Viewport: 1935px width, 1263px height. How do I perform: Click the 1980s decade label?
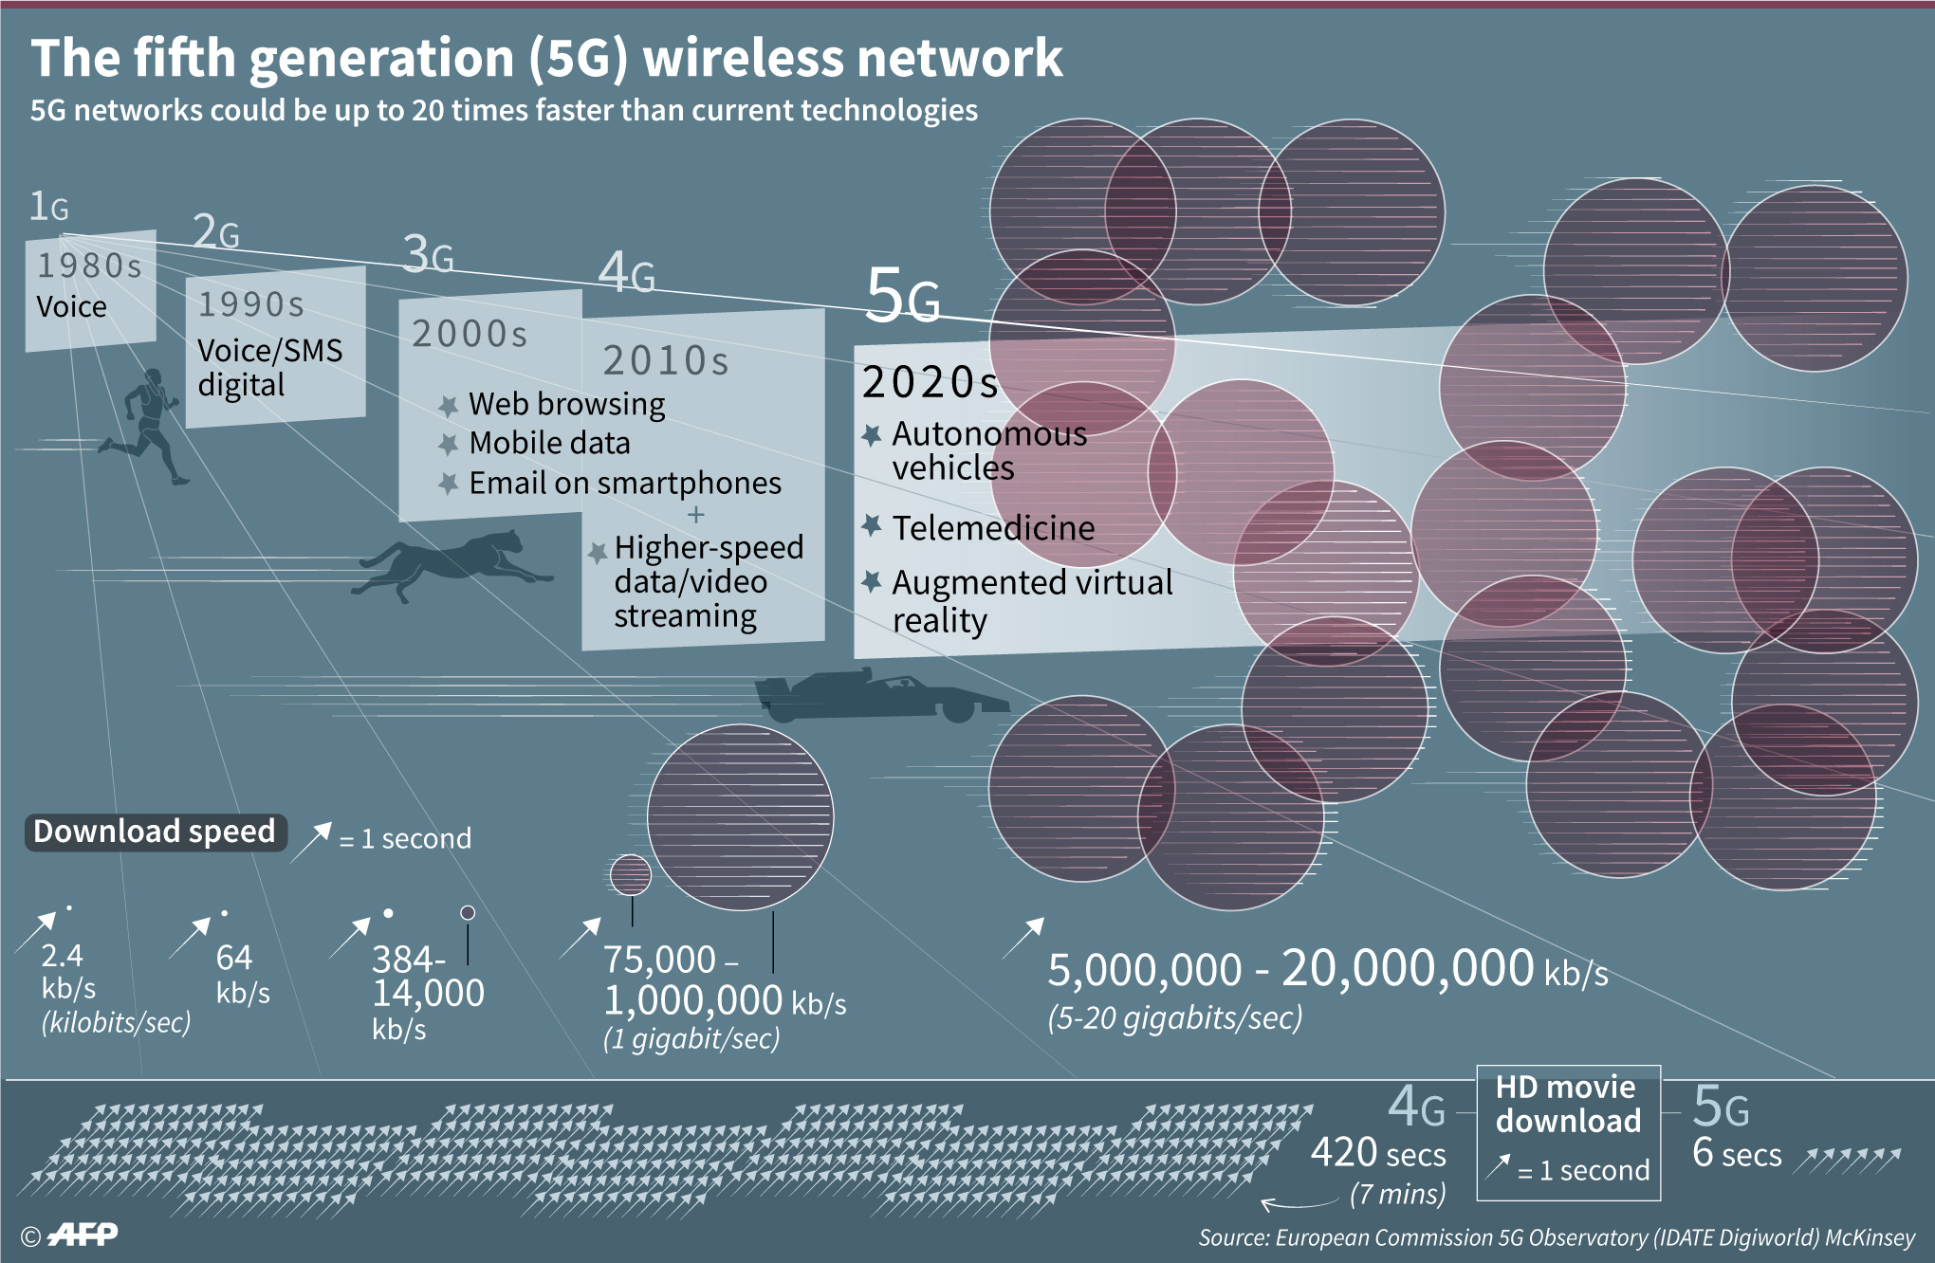pyautogui.click(x=90, y=265)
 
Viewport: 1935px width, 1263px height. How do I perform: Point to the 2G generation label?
pyautogui.click(x=216, y=231)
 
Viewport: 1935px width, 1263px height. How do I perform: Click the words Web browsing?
pyautogui.click(x=566, y=404)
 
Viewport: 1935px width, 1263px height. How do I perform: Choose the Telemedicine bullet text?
pyautogui.click(x=993, y=528)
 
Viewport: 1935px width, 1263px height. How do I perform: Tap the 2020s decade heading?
pyautogui.click(x=931, y=382)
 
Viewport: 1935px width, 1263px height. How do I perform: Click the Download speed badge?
pyautogui.click(x=155, y=832)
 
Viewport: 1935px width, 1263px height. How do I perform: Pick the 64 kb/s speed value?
pyautogui.click(x=241, y=975)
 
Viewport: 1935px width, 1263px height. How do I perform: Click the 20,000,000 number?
pyautogui.click(x=1408, y=969)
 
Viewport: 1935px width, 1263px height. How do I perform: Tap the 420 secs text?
pyautogui.click(x=1377, y=1154)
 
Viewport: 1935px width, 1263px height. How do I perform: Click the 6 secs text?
pyautogui.click(x=1737, y=1154)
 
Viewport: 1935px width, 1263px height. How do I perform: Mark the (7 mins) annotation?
pyautogui.click(x=1397, y=1194)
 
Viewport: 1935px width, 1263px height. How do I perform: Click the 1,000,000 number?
pyautogui.click(x=693, y=1000)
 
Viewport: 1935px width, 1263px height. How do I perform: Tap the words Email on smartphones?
pyautogui.click(x=624, y=484)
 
